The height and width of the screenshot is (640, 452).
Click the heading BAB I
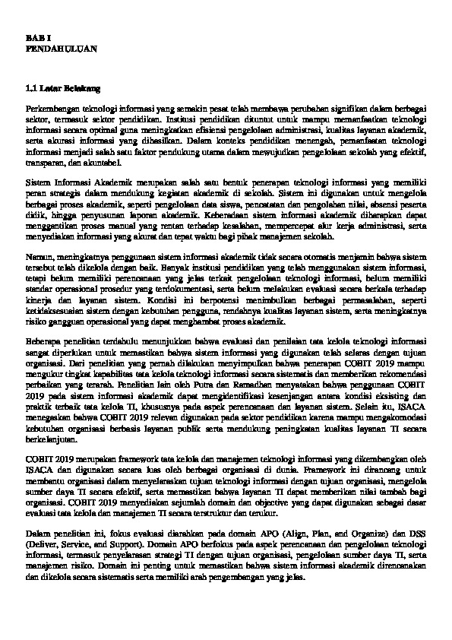point(35,37)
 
